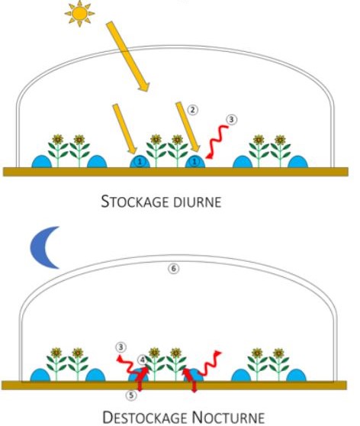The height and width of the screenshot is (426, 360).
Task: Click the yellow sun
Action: [x=79, y=13]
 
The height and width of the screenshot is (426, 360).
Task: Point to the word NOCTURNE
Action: [x=228, y=417]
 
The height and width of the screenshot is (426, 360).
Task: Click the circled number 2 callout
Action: [x=192, y=110]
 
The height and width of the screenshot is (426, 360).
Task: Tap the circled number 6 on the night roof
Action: [x=173, y=269]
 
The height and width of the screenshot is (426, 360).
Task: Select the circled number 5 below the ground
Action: [x=131, y=395]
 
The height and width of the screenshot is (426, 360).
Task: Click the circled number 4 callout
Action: [x=143, y=360]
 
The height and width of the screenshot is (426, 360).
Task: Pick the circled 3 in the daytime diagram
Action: [x=231, y=119]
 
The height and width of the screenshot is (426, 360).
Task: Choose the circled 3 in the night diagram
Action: [x=121, y=347]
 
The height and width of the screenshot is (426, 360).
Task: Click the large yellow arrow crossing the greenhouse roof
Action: [x=127, y=56]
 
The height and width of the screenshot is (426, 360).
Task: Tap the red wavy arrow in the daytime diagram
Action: [x=217, y=142]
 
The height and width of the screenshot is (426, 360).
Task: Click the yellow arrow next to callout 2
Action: [x=188, y=127]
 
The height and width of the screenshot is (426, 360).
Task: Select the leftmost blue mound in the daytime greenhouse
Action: [x=41, y=162]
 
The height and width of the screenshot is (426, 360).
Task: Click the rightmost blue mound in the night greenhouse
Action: [x=296, y=375]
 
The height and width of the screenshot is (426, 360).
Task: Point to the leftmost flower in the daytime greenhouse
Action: [x=57, y=150]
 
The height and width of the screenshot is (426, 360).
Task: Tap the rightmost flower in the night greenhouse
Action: [x=278, y=364]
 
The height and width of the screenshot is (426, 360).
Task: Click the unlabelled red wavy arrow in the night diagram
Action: [x=211, y=363]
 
